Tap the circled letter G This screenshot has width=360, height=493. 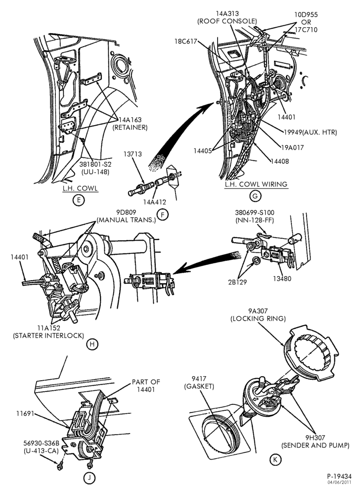255,196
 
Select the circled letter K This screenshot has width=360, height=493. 275,459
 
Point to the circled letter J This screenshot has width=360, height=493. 89,479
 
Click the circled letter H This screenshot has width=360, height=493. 92,344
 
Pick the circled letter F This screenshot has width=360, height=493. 162,215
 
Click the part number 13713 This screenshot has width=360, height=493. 133,154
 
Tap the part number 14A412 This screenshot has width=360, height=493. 155,202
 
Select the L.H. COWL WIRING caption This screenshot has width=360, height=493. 256,184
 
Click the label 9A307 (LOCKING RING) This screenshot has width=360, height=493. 258,315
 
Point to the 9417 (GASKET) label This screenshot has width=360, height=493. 199,382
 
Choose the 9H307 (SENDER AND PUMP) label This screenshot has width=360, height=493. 315,441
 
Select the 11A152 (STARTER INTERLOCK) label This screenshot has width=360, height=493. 48,332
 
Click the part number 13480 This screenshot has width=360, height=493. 282,279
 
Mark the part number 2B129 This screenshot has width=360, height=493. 237,282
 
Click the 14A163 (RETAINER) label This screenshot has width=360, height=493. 130,124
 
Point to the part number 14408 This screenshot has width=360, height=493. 279,161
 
